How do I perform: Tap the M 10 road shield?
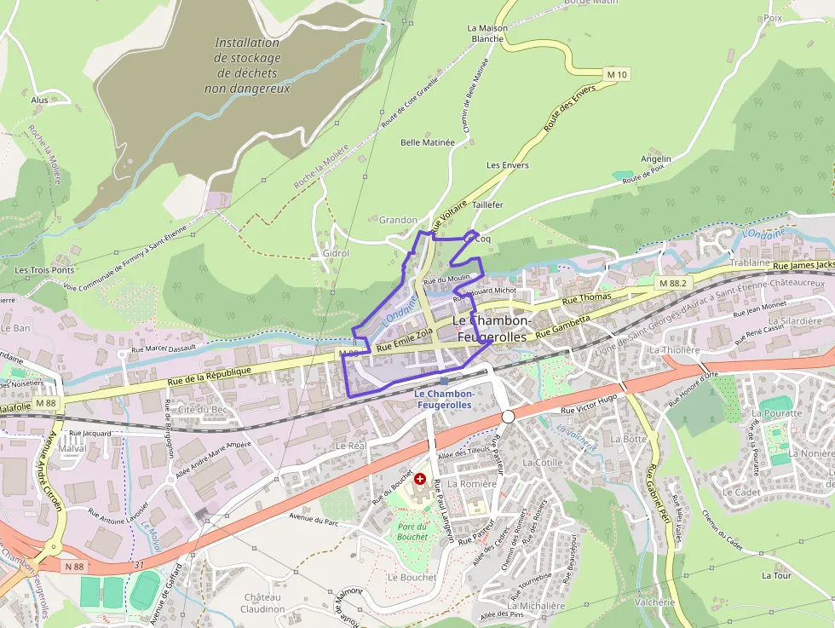(617, 75)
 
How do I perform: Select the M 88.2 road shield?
(672, 282)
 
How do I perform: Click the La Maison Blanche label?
(487, 33)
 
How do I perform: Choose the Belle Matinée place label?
(428, 142)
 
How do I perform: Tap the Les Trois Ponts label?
(44, 270)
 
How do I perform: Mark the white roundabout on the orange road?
(508, 417)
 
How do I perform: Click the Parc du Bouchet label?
(412, 532)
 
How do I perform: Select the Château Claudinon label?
(262, 603)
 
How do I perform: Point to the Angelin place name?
(656, 158)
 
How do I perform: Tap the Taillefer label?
(487, 205)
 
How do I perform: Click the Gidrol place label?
(337, 254)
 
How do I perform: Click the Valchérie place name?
(654, 602)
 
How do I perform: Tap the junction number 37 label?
(139, 564)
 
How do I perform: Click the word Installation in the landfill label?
(247, 43)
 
